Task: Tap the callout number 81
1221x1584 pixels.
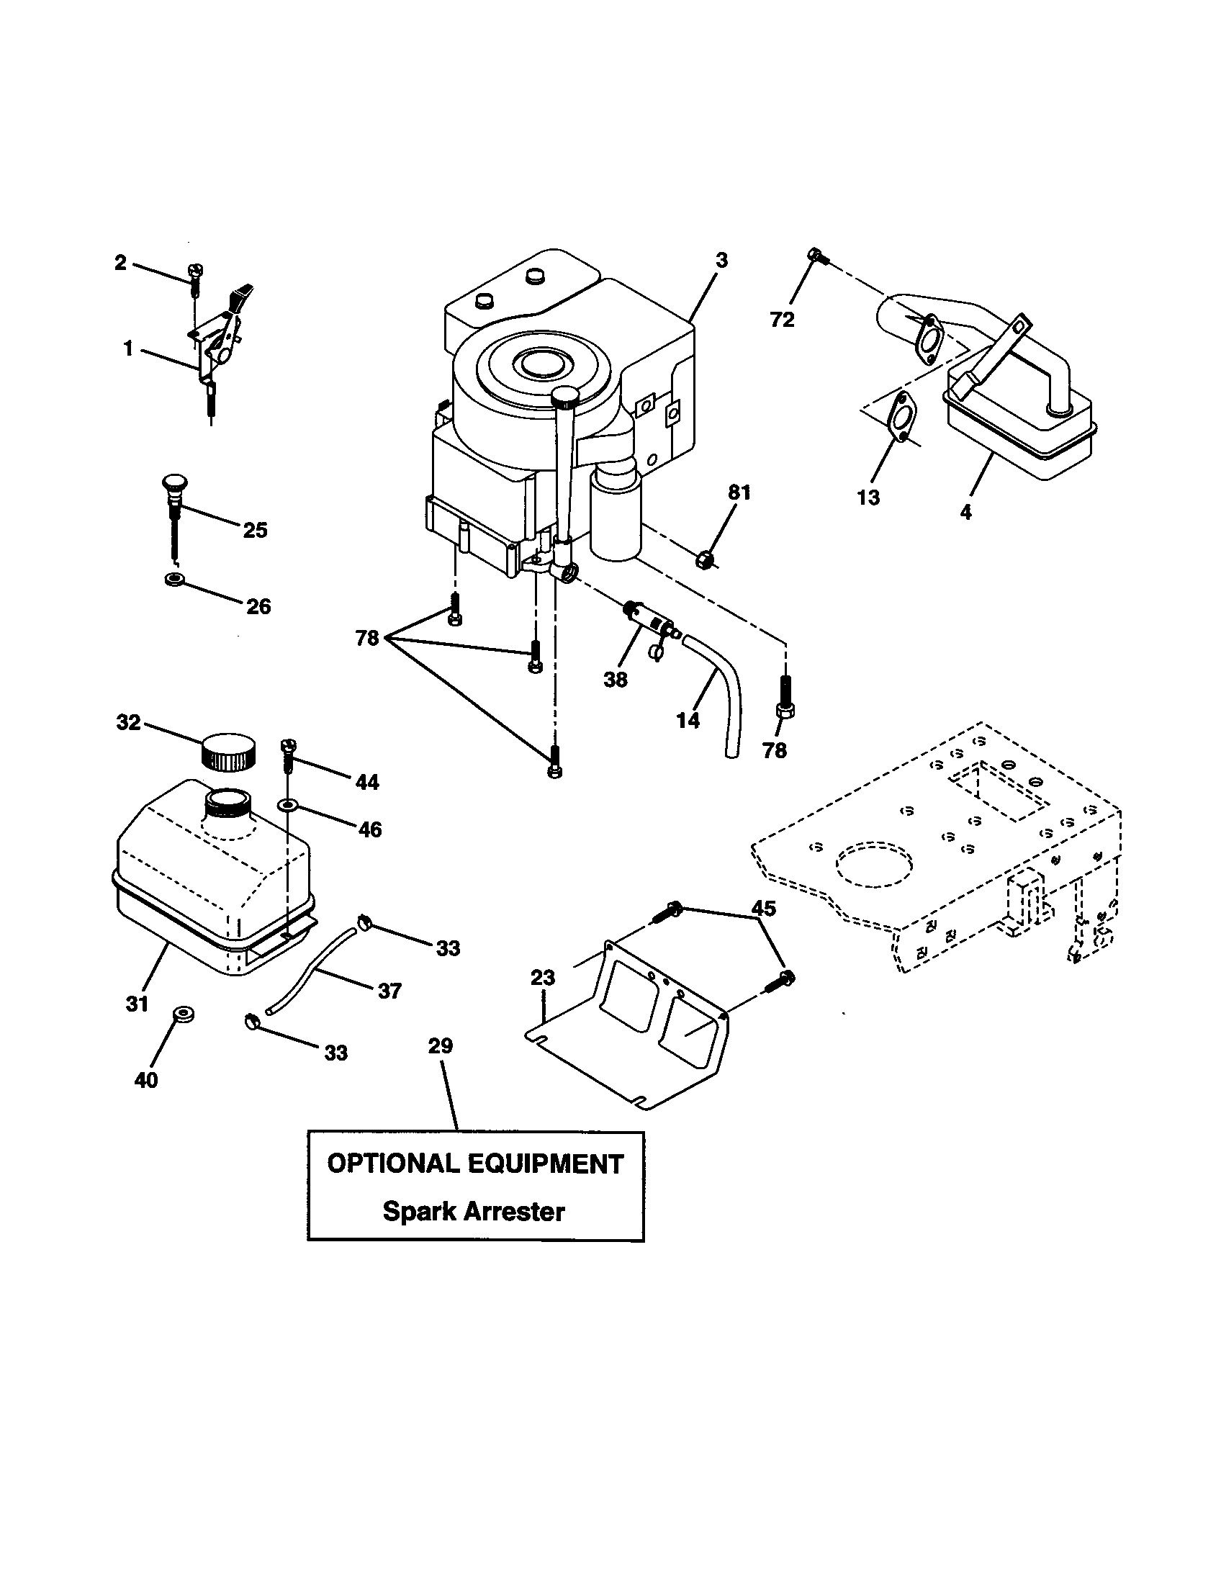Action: pyautogui.click(x=739, y=492)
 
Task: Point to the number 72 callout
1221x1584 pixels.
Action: pyautogui.click(x=782, y=319)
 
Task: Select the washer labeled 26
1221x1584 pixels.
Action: pyautogui.click(x=175, y=579)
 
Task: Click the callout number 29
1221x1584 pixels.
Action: pyautogui.click(x=440, y=1046)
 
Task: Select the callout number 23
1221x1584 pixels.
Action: pyautogui.click(x=542, y=978)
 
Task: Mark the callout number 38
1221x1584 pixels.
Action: pyautogui.click(x=615, y=680)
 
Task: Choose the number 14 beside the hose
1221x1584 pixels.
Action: pyautogui.click(x=688, y=719)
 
